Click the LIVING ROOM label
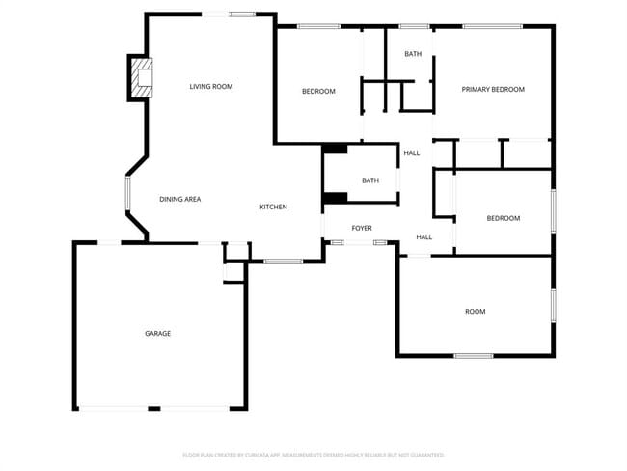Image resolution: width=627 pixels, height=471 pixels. pyautogui.click(x=211, y=87)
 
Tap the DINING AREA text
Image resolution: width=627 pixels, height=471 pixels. pyautogui.click(x=179, y=199)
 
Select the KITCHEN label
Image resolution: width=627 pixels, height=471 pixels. pyautogui.click(x=273, y=208)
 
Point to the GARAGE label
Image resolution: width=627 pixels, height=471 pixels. pyautogui.click(x=158, y=334)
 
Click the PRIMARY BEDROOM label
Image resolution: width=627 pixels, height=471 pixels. pyautogui.click(x=493, y=90)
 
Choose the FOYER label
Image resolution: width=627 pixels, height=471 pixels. pyautogui.click(x=362, y=229)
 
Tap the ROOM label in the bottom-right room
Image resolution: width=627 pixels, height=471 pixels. pyautogui.click(x=476, y=312)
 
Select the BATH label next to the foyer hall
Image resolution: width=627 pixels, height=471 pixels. pyautogui.click(x=370, y=180)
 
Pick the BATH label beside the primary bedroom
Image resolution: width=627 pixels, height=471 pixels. pyautogui.click(x=413, y=54)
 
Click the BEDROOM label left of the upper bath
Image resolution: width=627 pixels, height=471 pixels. pyautogui.click(x=318, y=92)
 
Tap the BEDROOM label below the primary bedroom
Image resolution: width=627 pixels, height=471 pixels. pyautogui.click(x=503, y=218)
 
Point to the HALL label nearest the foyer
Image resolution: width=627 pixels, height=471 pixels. pyautogui.click(x=424, y=236)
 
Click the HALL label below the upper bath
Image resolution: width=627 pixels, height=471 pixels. pyautogui.click(x=412, y=153)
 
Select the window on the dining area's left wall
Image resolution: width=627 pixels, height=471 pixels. pyautogui.click(x=126, y=193)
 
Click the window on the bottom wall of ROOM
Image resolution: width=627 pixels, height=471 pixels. pyautogui.click(x=474, y=356)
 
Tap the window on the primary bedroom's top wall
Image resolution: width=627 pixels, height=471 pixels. pyautogui.click(x=492, y=26)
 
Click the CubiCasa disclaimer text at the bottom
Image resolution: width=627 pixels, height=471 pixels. pyautogui.click(x=313, y=455)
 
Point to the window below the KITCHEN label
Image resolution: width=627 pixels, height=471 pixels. pyautogui.click(x=284, y=262)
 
